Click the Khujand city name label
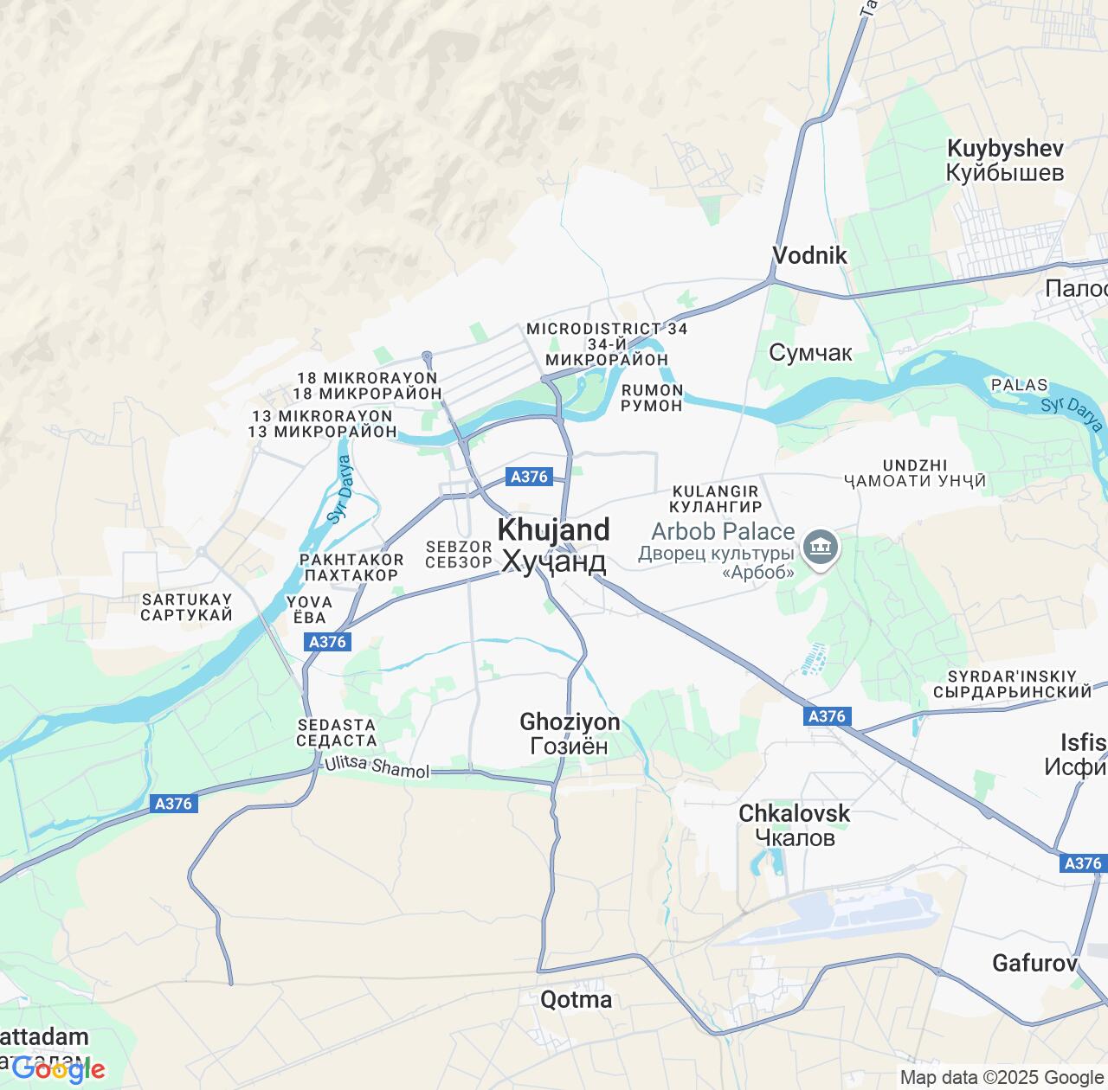pyautogui.click(x=553, y=545)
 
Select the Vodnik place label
pyautogui.click(x=809, y=255)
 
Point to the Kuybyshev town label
pyautogui.click(x=1005, y=160)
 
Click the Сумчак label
pyautogui.click(x=810, y=353)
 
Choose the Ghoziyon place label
pyautogui.click(x=570, y=734)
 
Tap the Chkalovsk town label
pyautogui.click(x=794, y=824)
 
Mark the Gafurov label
pyautogui.click(x=1034, y=963)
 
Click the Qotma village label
pyautogui.click(x=576, y=1000)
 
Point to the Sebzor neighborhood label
pyautogui.click(x=459, y=555)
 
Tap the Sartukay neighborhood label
pyautogui.click(x=187, y=607)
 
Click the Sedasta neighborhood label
pyautogui.click(x=336, y=733)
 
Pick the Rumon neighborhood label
pyautogui.click(x=652, y=397)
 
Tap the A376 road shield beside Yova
pyautogui.click(x=328, y=642)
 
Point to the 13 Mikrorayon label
pyautogui.click(x=322, y=424)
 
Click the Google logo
pyautogui.click(x=59, y=1070)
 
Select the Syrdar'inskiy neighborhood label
pyautogui.click(x=1012, y=683)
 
